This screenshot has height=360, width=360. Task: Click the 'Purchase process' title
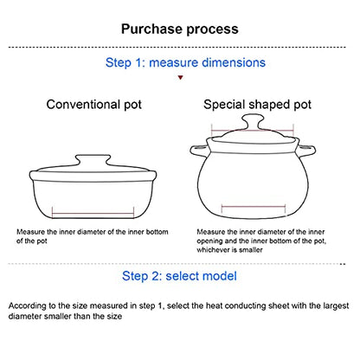coord(180,29)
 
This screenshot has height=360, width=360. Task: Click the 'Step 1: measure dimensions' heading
coord(185,62)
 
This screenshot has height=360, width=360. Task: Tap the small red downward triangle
coord(180,77)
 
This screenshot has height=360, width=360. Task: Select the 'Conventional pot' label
coord(94,105)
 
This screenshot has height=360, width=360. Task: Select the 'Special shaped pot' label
coord(257,105)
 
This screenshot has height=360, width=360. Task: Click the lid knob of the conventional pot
coord(93,160)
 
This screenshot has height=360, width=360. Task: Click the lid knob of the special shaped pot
coord(253,122)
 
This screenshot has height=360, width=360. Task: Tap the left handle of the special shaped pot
coord(198,151)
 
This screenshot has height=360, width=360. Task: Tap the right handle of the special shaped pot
coord(306,151)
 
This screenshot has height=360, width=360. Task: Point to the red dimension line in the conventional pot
coord(93,214)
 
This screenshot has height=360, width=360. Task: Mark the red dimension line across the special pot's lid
coord(253,131)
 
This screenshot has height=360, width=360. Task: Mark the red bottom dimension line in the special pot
coord(254,207)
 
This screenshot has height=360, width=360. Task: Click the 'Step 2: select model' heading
coord(179,276)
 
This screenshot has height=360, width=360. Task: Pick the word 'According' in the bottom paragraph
coord(24,306)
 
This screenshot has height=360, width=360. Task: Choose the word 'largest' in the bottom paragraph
coord(336,306)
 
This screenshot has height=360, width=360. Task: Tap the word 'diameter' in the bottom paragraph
coord(22,317)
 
